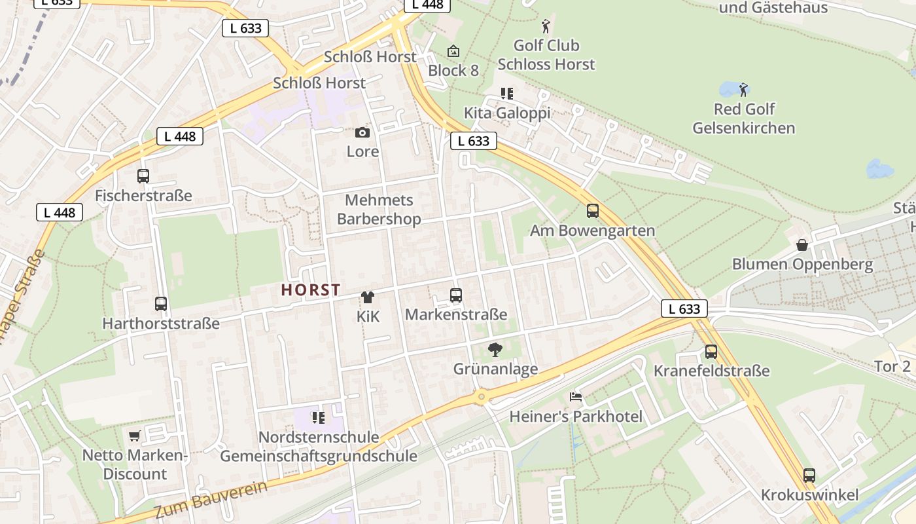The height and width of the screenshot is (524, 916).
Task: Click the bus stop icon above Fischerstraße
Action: point(143,176)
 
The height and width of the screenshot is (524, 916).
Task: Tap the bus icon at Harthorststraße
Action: point(161,303)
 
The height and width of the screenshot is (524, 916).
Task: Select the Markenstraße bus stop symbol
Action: point(456,295)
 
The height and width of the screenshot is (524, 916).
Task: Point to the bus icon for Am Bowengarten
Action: point(593,211)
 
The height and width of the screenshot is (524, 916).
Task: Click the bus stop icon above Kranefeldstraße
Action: point(711,352)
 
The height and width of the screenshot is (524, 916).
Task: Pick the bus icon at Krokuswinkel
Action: point(809,475)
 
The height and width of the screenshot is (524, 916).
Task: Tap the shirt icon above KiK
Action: point(368,297)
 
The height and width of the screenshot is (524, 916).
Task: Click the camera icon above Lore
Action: point(362,133)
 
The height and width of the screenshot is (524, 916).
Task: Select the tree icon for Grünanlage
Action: point(495,350)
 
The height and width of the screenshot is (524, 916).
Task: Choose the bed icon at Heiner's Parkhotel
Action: point(576,397)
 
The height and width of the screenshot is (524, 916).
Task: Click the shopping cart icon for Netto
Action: point(135,436)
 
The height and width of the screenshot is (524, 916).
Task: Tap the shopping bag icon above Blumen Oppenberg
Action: point(802,245)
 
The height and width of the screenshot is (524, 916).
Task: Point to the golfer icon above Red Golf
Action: point(743,90)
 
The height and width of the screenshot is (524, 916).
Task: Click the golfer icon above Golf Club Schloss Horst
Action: point(546,27)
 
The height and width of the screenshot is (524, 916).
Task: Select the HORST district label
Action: point(311,290)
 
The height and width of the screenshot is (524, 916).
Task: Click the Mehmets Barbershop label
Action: point(379,210)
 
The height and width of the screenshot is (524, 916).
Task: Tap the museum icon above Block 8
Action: point(453,51)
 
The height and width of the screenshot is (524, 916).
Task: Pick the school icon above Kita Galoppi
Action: point(507,94)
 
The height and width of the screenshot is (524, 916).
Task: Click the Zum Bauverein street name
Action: point(211,500)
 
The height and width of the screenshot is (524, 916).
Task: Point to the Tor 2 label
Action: point(892,366)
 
